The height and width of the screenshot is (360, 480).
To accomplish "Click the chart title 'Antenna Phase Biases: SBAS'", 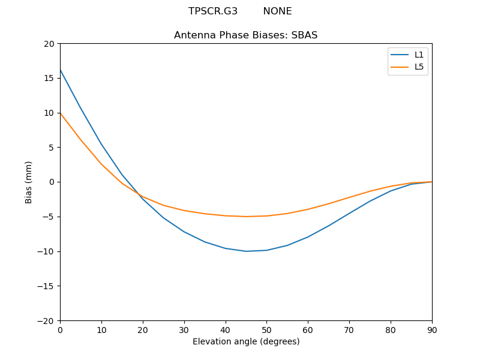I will (245, 35).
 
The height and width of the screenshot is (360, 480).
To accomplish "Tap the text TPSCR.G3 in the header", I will (213, 11).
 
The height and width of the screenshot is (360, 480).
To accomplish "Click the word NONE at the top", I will (277, 11).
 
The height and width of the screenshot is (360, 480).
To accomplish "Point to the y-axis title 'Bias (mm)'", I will (29, 182).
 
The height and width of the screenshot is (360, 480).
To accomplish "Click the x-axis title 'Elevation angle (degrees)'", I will (246, 342).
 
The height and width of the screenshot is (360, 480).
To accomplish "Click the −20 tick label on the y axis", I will (46, 320).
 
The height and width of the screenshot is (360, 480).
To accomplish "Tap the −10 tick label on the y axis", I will (46, 251).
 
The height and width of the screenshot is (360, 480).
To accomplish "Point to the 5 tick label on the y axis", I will (52, 148).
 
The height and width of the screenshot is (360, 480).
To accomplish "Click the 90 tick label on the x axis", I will (432, 329).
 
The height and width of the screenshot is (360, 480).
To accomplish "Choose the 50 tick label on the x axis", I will (266, 329).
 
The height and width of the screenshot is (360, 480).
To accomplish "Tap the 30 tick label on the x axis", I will (184, 329).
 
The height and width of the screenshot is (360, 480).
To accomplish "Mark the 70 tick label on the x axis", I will (349, 329).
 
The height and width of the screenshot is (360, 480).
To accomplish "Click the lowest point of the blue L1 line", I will (246, 251).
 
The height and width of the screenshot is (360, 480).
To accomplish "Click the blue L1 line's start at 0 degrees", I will (60, 70).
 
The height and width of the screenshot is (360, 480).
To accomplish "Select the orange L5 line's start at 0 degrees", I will (60, 113).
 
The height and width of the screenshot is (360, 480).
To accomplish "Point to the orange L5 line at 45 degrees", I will (246, 217).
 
